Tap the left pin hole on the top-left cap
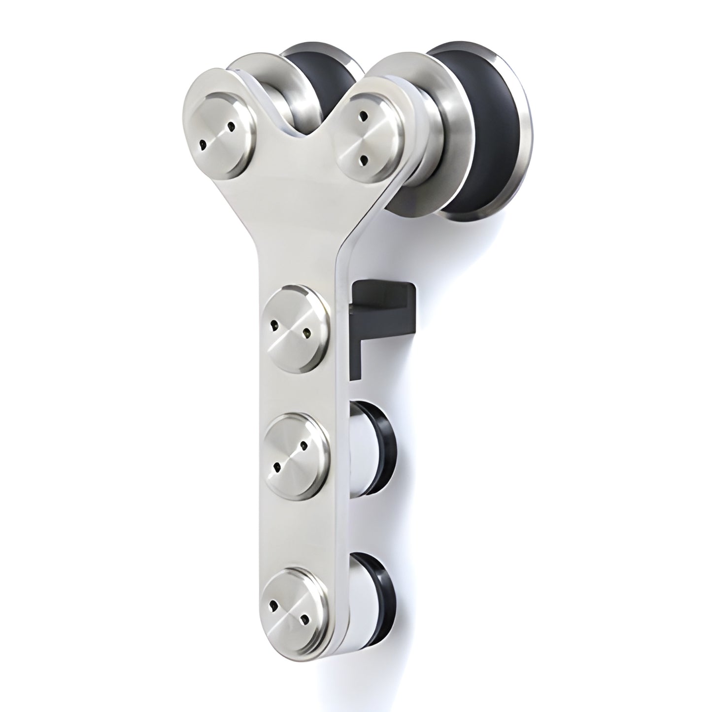point(202,144)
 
